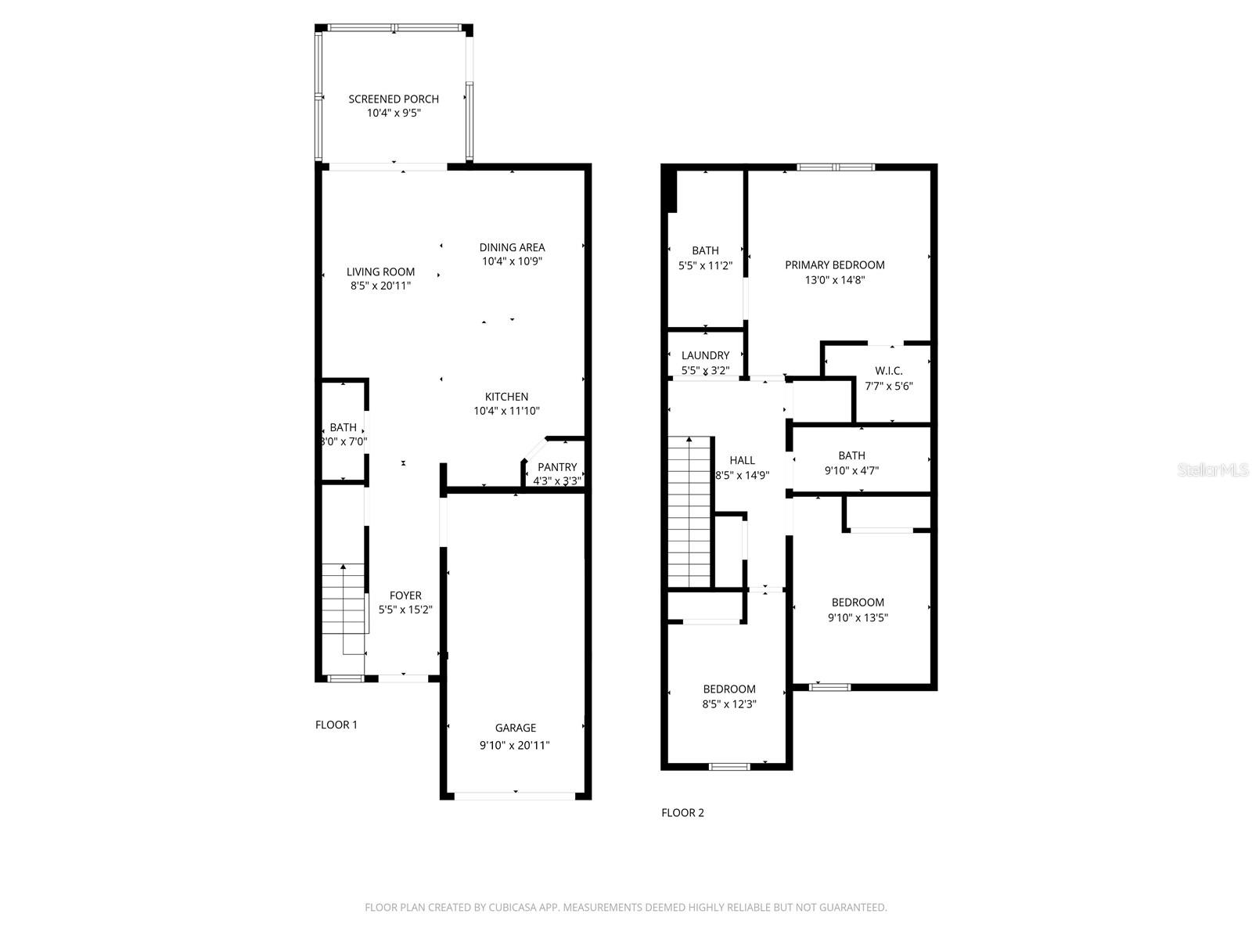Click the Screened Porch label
pos(394,99)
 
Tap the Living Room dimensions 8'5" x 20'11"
pos(380,286)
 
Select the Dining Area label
pos(512,248)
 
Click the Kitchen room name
pos(506,397)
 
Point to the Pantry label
pos(557,467)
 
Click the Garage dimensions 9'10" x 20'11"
pos(515,746)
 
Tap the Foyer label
pos(405,596)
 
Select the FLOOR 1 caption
pos(336,725)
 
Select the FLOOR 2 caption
pos(682,813)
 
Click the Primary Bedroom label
pos(835,265)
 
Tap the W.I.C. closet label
pos(889,371)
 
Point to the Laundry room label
pos(705,355)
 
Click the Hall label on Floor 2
pos(742,460)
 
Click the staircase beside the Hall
pos(689,513)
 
